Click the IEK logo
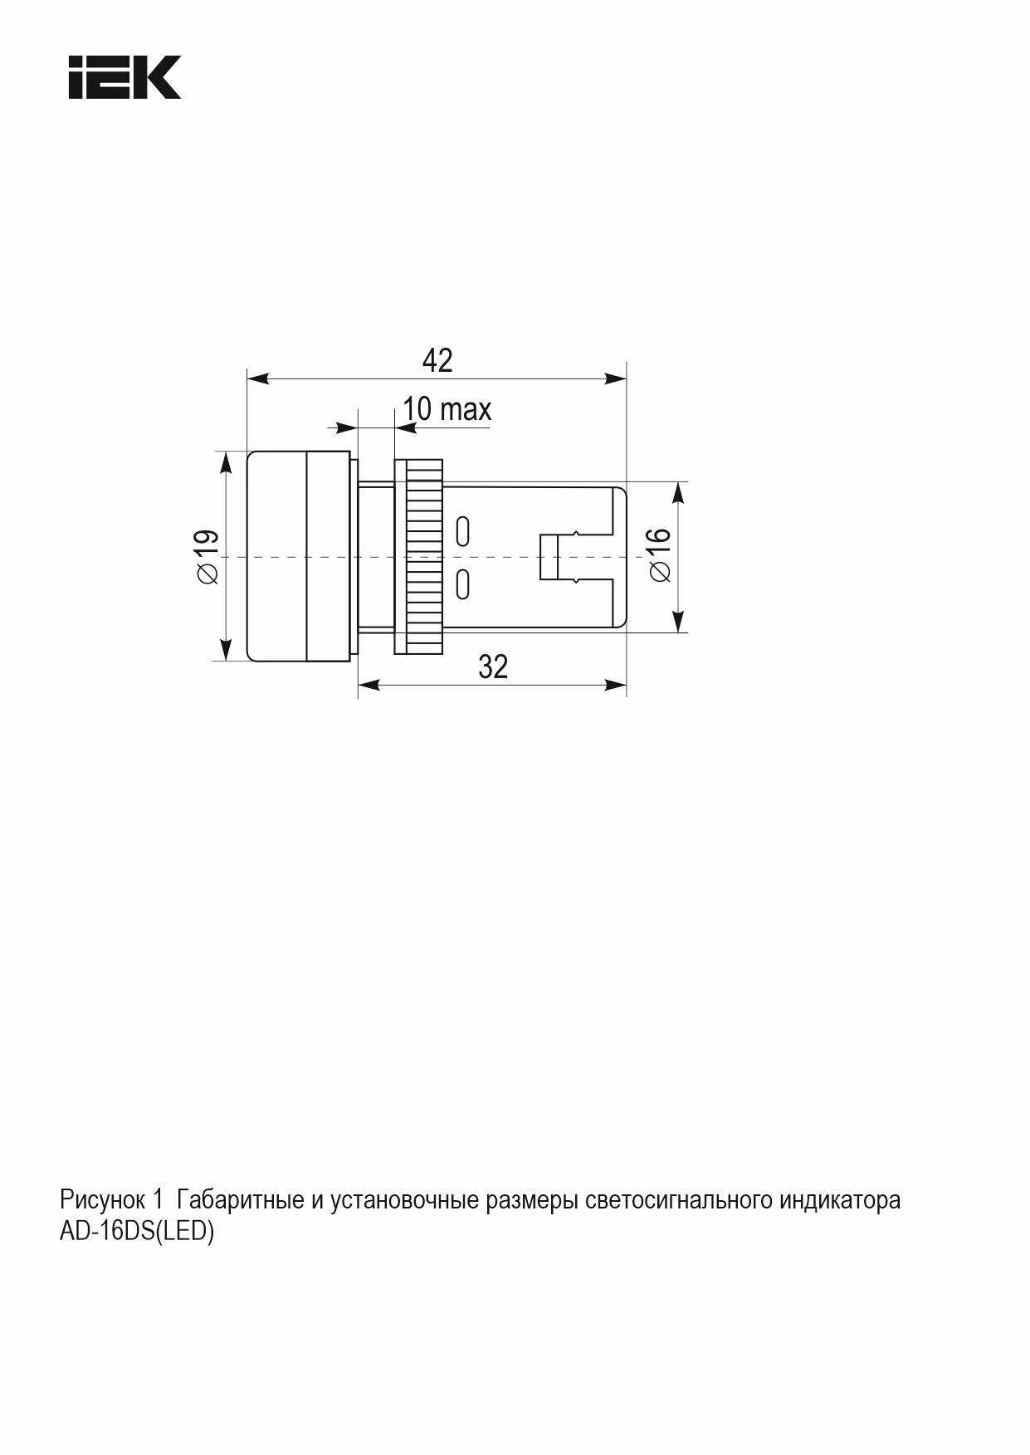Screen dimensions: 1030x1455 point(124,78)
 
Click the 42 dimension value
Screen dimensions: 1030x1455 point(437,360)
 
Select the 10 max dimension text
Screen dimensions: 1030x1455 point(447,408)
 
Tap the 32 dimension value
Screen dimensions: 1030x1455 point(493,666)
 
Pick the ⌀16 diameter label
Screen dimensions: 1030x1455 point(657,554)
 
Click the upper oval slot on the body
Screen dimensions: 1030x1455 point(463,530)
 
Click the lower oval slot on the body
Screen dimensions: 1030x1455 point(463,583)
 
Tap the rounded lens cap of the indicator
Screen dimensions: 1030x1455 point(300,556)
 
